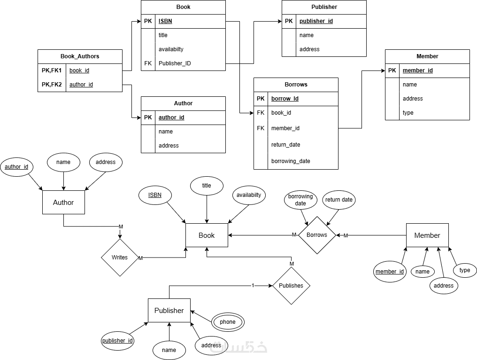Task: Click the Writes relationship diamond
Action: pos(120,258)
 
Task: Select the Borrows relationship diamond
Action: pos(317,235)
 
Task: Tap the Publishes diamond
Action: pos(291,286)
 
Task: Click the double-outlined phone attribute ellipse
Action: pos(228,322)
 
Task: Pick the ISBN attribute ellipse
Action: pos(155,195)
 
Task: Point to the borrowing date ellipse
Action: pos(300,200)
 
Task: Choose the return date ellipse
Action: pos(339,200)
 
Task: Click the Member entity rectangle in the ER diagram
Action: pos(427,235)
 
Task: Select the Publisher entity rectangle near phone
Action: pos(169,311)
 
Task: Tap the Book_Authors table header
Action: pos(80,56)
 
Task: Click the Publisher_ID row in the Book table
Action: pos(175,63)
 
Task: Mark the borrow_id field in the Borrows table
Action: pos(285,99)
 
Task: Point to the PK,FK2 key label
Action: pos(52,85)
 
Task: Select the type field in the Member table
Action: pos(408,113)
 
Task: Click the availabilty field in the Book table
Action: pos(171,49)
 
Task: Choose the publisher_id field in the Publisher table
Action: pos(316,21)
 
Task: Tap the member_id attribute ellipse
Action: pos(390,272)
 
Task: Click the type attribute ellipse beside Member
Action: pos(465,270)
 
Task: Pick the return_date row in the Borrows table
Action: pos(285,145)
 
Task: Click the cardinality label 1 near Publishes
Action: pos(253,286)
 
